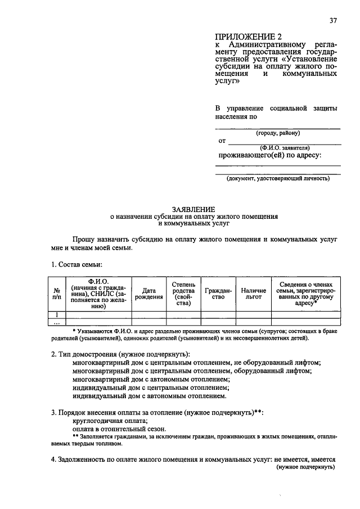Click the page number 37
pos(333,21)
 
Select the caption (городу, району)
pos(278,133)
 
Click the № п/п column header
pos(57,294)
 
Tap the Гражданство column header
pos(218,294)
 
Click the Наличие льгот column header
pos(253,294)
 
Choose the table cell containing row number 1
pos(57,315)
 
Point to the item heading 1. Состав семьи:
pos(76,264)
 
